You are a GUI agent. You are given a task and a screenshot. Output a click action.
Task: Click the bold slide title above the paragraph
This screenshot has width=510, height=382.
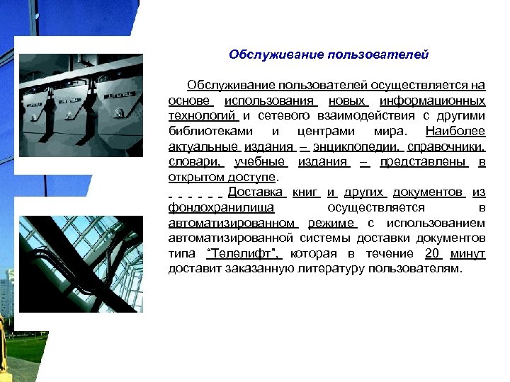(x=329, y=54)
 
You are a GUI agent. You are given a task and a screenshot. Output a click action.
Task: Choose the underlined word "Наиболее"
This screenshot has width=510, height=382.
(x=455, y=132)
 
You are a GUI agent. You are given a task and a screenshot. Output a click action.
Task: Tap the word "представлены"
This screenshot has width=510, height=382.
(x=424, y=162)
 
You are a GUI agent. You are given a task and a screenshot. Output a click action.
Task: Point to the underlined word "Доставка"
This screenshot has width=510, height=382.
(x=256, y=192)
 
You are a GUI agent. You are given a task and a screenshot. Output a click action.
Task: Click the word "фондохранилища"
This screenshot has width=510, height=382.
(x=221, y=208)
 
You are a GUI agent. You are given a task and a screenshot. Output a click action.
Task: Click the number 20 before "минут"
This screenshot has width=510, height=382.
(x=431, y=253)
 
